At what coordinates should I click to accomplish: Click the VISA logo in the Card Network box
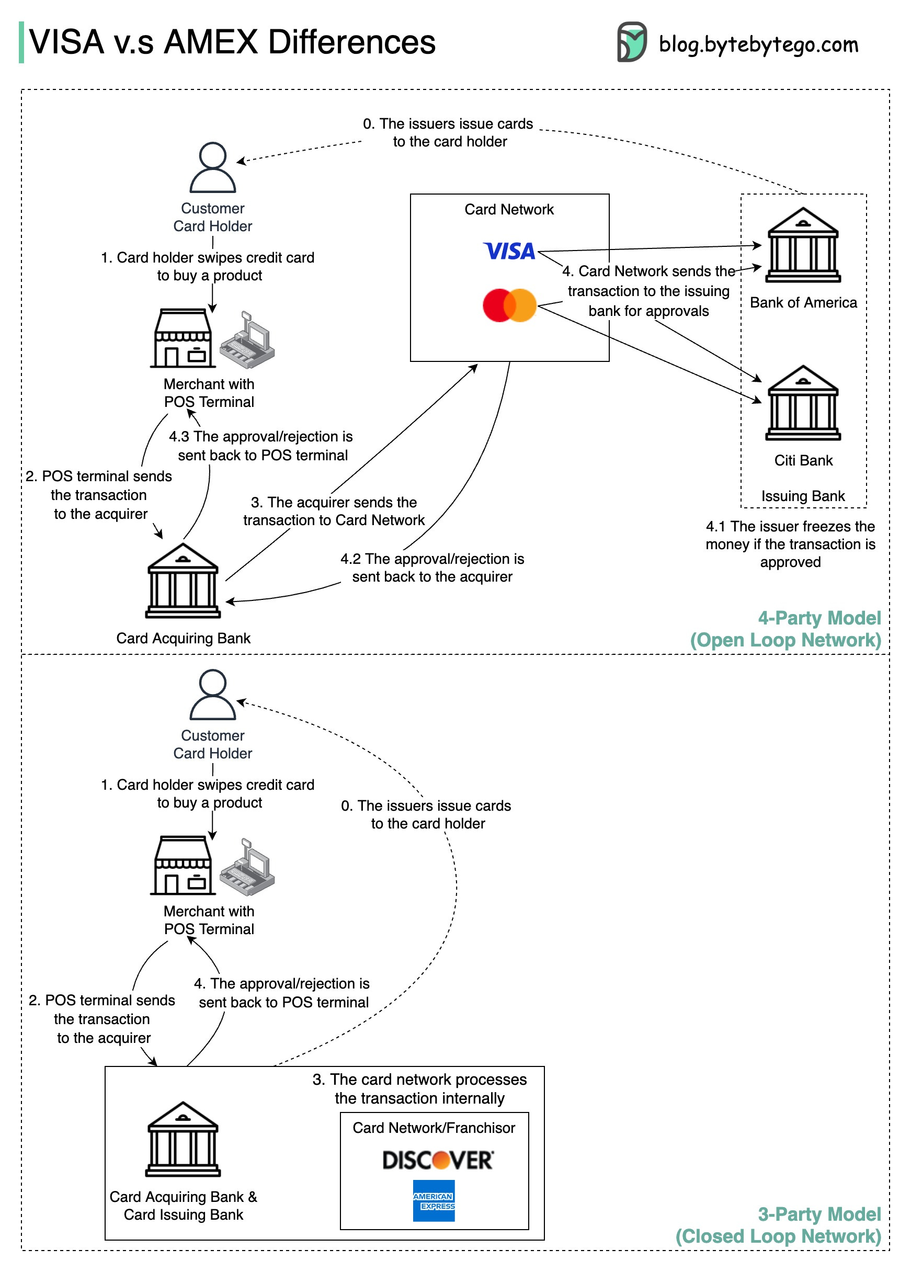(x=508, y=251)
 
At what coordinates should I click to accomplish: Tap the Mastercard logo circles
(x=509, y=305)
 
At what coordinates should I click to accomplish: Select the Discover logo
(x=437, y=1159)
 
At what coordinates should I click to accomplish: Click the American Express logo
(x=434, y=1200)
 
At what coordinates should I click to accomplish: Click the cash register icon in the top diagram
(x=247, y=339)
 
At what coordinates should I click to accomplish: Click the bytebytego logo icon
(x=631, y=42)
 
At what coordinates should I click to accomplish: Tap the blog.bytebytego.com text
(x=758, y=44)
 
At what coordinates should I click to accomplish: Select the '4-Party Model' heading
(x=818, y=618)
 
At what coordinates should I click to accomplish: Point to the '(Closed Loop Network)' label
(x=778, y=1235)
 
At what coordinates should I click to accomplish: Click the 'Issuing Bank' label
(x=802, y=496)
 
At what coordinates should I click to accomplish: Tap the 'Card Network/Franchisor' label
(x=434, y=1127)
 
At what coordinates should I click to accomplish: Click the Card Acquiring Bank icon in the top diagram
(x=183, y=580)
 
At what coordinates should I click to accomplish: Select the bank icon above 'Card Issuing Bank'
(x=183, y=1139)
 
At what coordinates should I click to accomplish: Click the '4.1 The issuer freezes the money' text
(x=790, y=543)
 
